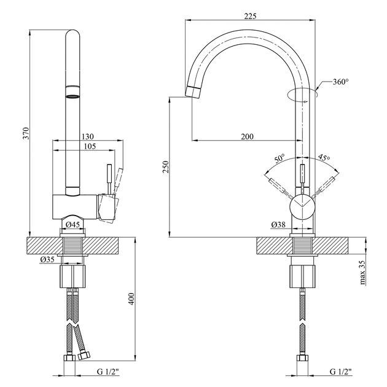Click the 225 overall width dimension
pos(250,16)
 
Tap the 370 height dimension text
pos(26,133)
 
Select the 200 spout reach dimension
pos(247,136)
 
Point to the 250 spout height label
pos(166,166)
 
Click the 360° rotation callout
pos(340,82)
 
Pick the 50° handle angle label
pos(280,158)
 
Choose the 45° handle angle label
pos(324,157)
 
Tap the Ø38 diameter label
pos(278,225)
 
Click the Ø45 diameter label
pos(73,225)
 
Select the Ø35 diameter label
pos(47,259)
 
